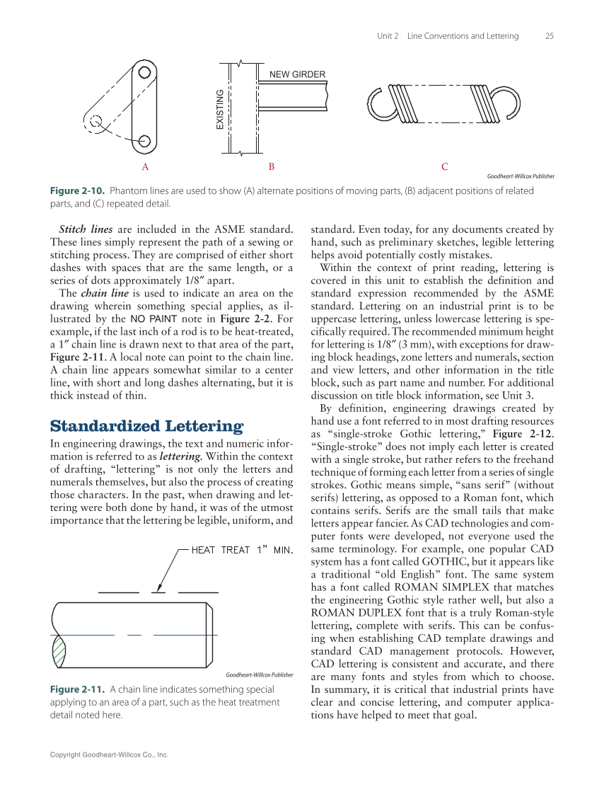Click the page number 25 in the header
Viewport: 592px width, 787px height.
tap(550, 36)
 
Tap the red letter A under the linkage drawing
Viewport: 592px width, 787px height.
tap(145, 167)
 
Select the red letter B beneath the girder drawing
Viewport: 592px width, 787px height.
tap(271, 167)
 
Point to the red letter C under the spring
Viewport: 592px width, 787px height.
tap(444, 167)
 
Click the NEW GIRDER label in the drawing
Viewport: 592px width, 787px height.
tap(298, 74)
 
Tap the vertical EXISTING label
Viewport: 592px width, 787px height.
tap(219, 110)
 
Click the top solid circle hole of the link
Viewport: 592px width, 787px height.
tap(144, 72)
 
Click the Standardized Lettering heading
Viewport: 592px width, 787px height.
tap(146, 426)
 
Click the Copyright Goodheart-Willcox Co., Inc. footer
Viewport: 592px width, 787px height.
tap(109, 755)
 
